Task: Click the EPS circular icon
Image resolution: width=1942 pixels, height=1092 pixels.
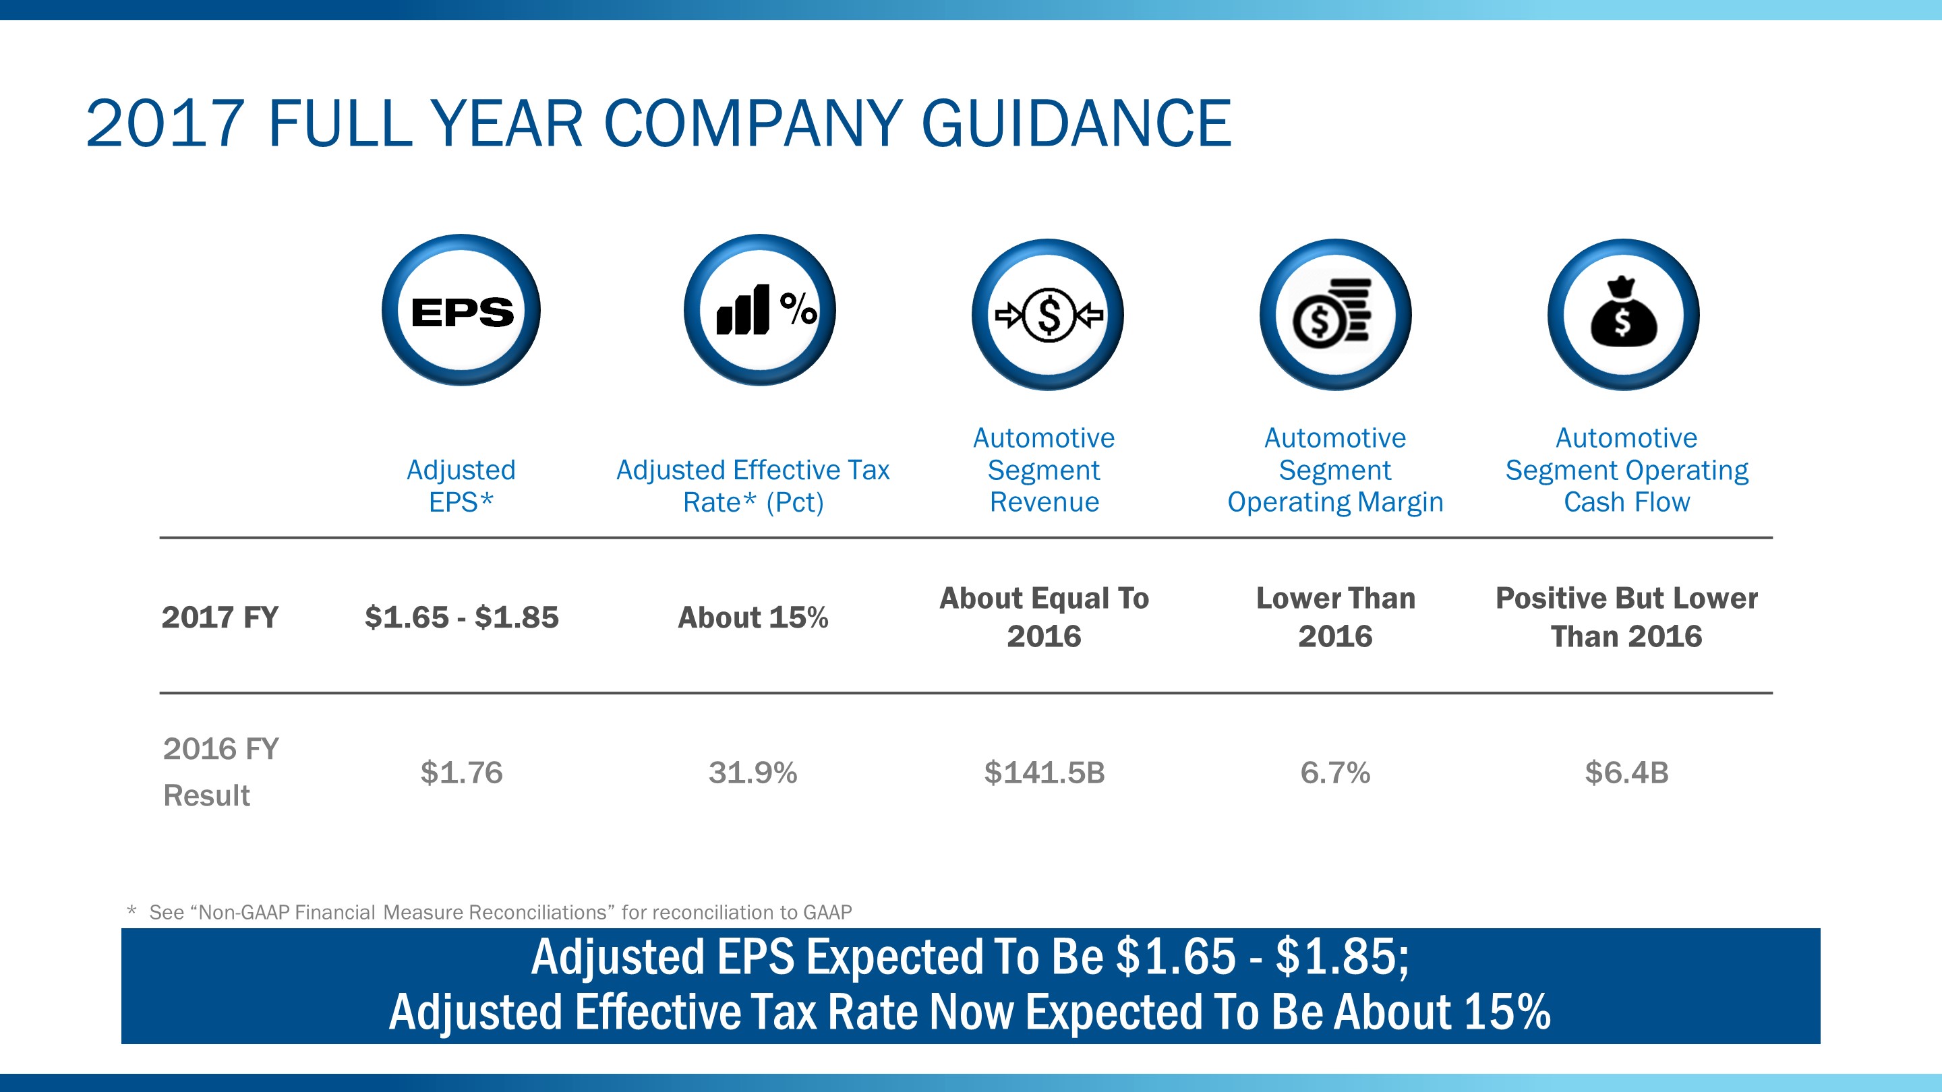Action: [461, 311]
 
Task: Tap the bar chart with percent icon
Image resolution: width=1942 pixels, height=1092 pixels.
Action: [760, 311]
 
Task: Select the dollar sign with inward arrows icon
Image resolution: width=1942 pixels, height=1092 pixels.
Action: [1048, 315]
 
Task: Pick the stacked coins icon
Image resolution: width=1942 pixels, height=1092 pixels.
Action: [1335, 315]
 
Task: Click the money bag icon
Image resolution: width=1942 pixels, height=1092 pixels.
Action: [1623, 315]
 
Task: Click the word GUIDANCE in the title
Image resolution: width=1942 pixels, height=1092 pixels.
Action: [1077, 123]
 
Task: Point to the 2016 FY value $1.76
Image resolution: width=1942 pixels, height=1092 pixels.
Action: [461, 772]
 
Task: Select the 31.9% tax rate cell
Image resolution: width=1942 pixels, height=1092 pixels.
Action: [753, 772]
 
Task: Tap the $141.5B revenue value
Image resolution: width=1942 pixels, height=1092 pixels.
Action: [1044, 772]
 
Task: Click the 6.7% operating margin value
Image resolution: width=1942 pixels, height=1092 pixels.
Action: [1335, 772]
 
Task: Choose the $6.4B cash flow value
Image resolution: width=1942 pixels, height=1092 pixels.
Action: [1626, 772]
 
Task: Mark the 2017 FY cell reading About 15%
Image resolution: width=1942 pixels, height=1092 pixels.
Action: [753, 617]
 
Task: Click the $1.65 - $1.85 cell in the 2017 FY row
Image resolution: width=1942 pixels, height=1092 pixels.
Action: [461, 617]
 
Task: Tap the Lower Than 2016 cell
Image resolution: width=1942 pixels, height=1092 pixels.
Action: [1335, 617]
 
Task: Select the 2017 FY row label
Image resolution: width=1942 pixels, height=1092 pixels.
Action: [220, 617]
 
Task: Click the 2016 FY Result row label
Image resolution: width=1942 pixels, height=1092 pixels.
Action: [220, 772]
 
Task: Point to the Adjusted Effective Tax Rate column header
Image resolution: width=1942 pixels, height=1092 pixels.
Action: [753, 485]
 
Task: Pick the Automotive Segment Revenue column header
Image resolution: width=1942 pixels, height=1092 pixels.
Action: [1044, 470]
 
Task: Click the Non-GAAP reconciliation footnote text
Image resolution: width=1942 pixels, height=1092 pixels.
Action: [500, 912]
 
